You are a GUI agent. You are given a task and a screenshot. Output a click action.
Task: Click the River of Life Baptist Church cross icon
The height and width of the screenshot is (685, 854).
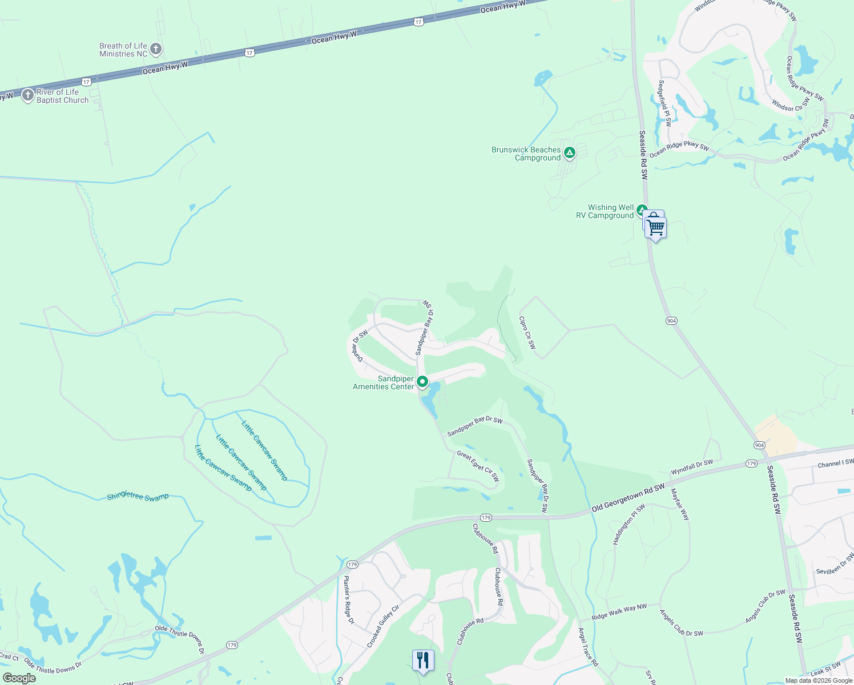(28, 95)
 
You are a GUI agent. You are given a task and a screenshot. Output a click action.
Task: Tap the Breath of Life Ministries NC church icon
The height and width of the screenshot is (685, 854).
(156, 49)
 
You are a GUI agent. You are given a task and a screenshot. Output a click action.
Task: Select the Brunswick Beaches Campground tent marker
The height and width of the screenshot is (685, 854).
(569, 153)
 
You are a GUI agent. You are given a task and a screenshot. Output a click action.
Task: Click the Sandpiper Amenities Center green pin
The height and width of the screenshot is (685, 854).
(422, 381)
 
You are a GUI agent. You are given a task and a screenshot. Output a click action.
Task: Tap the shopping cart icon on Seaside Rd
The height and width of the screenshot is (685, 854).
(656, 228)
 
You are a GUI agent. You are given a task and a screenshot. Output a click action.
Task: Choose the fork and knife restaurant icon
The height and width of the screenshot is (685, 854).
(423, 660)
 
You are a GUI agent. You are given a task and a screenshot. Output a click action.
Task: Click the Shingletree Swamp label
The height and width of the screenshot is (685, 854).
(138, 497)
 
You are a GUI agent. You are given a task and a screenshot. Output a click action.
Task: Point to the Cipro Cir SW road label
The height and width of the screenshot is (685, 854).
(527, 333)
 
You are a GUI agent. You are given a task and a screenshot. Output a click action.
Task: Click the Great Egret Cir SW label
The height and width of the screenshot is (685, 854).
(478, 466)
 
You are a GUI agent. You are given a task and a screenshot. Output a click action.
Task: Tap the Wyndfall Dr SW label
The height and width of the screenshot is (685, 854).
(692, 467)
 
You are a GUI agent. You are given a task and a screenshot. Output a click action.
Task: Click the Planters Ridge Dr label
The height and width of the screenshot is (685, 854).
(348, 600)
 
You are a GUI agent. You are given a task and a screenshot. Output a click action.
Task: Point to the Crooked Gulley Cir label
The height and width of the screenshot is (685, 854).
(382, 626)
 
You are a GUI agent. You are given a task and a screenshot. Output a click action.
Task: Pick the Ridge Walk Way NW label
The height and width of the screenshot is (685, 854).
(619, 612)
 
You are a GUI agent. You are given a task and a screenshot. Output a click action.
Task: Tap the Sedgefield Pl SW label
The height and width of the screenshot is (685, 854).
(664, 103)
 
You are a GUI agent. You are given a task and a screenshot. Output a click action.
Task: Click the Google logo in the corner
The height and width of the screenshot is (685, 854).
(19, 678)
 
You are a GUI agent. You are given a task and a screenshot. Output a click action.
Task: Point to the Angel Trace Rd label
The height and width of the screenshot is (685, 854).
(588, 647)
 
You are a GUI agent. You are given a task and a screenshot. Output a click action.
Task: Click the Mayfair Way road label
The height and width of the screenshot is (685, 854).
(680, 504)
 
